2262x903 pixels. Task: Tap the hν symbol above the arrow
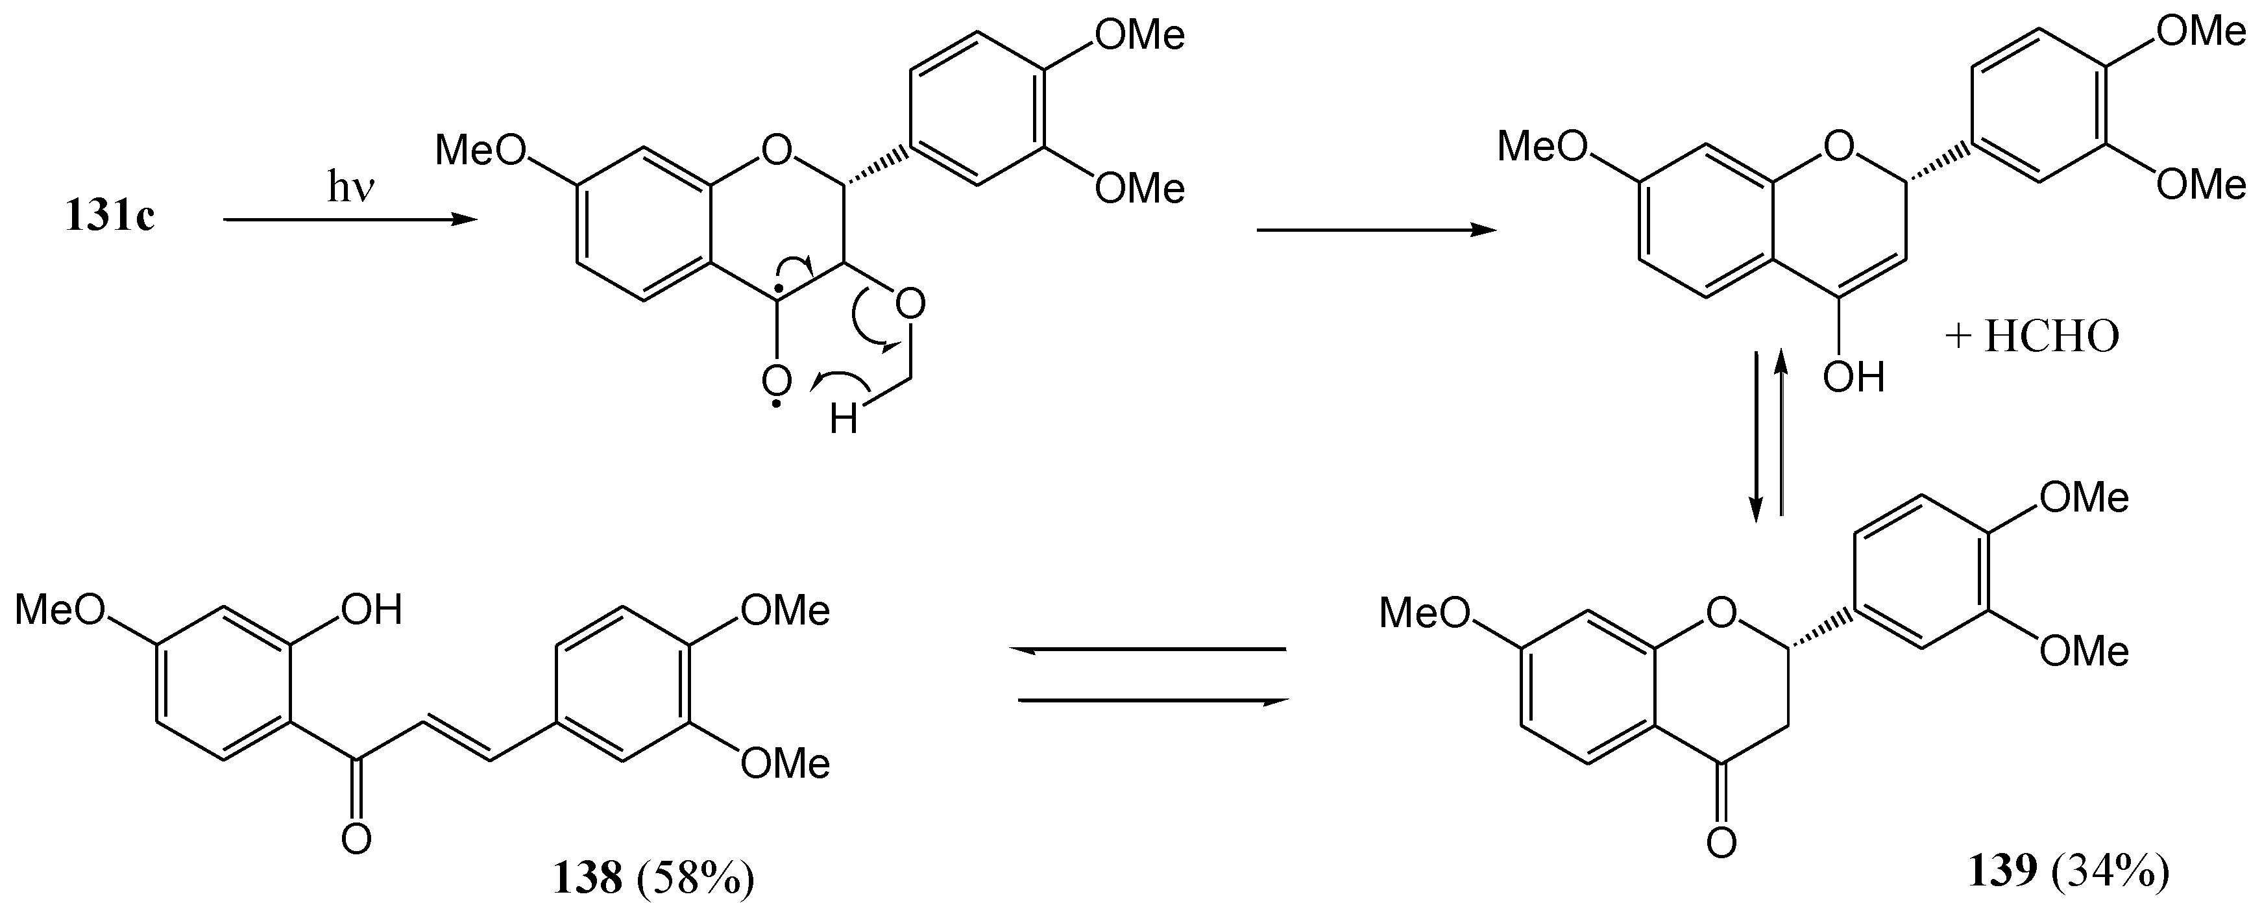351,187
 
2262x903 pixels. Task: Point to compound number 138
587,876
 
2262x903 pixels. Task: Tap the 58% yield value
696,876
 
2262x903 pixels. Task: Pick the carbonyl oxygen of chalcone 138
356,839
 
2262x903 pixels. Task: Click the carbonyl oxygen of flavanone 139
1722,843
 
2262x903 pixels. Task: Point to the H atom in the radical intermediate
843,420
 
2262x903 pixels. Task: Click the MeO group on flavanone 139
1424,612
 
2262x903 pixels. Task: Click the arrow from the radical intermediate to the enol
1376,230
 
